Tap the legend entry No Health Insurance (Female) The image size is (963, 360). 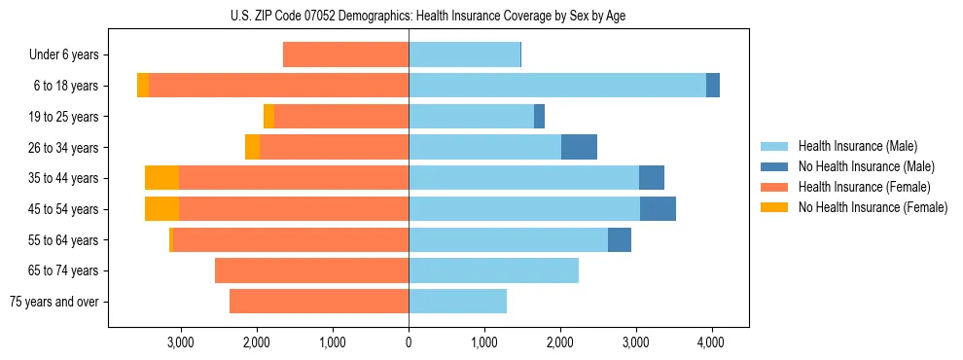point(873,207)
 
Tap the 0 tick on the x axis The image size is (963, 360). point(409,342)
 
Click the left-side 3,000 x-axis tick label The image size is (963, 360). point(181,342)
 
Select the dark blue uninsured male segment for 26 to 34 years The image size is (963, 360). point(579,147)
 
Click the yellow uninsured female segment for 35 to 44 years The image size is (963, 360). point(161,178)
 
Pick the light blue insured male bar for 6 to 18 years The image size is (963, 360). point(557,86)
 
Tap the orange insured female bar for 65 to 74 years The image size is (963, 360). point(311,270)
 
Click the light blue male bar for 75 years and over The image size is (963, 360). point(457,302)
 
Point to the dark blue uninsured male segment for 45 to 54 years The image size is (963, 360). point(658,209)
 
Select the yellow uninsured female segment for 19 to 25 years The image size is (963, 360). point(268,117)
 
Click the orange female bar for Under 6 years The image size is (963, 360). point(345,55)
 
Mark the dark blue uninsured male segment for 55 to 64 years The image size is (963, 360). point(620,239)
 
